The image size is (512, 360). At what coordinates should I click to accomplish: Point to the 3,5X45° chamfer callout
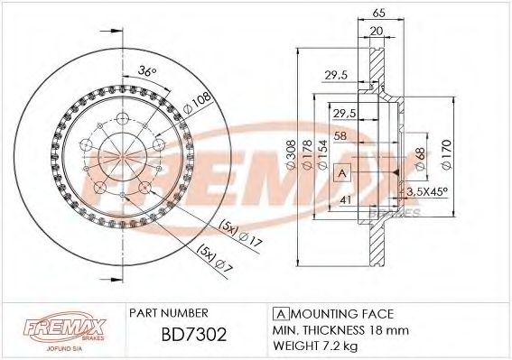tap(428, 192)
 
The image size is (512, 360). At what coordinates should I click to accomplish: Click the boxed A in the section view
tap(342, 172)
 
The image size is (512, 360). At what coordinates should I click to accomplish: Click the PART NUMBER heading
tap(171, 312)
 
